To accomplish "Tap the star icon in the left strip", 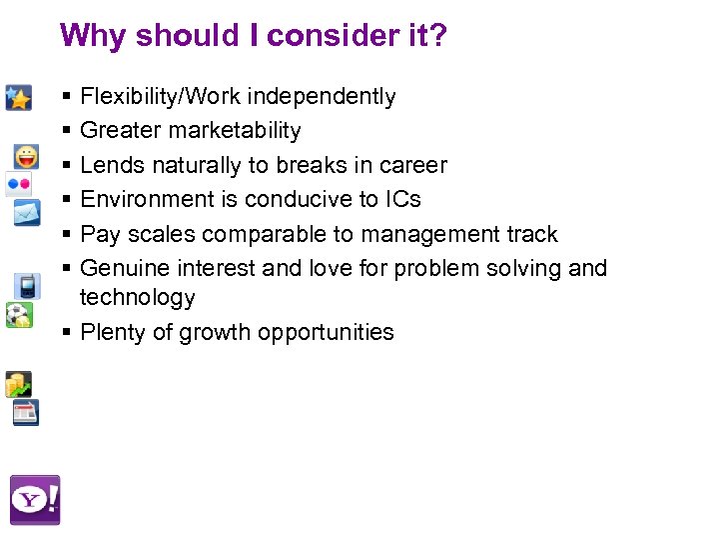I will [x=18, y=97].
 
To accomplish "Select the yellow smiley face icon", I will [x=27, y=157].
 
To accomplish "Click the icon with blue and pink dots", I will [x=19, y=184].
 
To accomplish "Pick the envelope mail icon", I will [x=27, y=212].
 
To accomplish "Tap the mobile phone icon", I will [x=27, y=286].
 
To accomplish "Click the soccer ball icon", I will [x=18, y=316].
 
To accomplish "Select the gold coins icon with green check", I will [x=18, y=384].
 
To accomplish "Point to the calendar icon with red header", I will [x=26, y=413].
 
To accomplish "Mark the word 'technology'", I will [x=137, y=297].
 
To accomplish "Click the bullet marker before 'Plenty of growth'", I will [x=65, y=332].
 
